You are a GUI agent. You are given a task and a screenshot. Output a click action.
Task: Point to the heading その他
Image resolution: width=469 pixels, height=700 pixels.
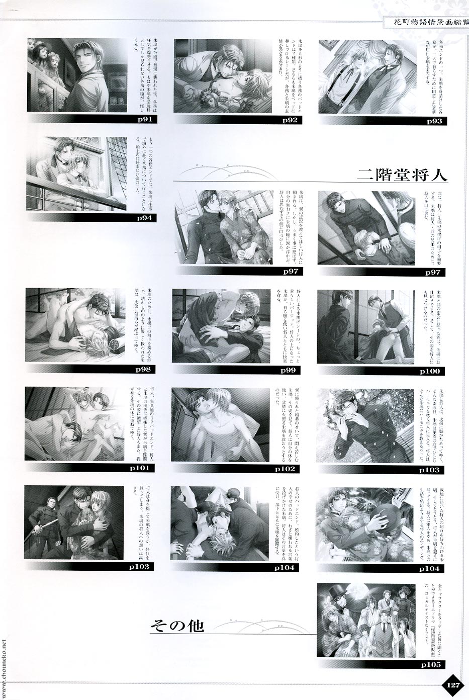[177, 626]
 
